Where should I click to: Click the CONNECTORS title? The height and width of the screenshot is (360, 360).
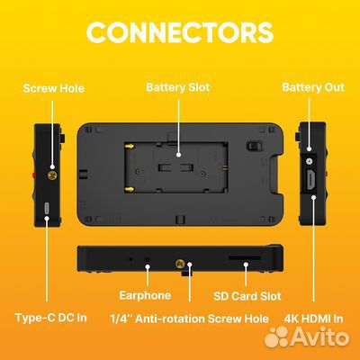point(180,32)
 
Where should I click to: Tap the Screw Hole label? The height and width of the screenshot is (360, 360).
point(54,88)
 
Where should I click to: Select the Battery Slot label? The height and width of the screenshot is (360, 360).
point(178,87)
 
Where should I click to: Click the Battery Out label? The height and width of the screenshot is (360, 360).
point(313,87)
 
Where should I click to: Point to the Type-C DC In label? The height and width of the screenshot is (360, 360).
point(51,318)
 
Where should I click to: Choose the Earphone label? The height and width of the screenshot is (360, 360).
point(145,295)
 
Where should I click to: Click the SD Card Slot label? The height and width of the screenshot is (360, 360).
point(247,296)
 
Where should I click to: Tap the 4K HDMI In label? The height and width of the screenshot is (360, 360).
point(313,319)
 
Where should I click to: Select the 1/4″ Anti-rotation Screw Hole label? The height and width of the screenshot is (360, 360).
point(190,319)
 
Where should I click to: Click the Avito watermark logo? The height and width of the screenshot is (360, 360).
point(307,336)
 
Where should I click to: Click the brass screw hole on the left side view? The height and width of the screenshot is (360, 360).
point(52,175)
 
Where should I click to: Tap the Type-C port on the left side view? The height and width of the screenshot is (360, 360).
point(46,208)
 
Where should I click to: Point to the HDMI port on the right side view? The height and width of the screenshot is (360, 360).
point(310,179)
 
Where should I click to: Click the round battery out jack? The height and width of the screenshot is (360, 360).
point(309,161)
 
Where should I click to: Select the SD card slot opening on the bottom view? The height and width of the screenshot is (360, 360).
point(244,257)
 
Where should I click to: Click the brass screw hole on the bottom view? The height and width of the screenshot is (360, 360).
point(180,264)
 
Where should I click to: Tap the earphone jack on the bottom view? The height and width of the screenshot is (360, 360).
point(147,259)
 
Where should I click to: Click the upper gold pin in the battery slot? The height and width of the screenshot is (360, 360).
point(130,147)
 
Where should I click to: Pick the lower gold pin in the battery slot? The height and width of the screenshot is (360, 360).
point(130,190)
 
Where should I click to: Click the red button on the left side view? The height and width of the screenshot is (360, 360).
point(34,175)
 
